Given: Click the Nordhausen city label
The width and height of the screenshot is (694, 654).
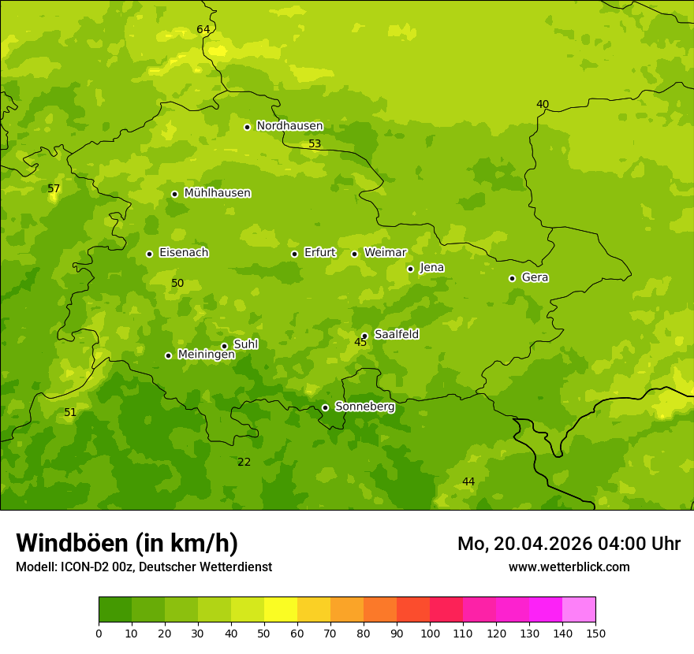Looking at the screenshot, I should coord(289,126).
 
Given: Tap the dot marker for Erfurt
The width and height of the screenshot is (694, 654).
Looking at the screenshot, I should coord(294,254).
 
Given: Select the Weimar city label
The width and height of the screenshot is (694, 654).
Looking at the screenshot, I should coord(385,253).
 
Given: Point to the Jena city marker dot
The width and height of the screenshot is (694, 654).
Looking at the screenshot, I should coord(410,269).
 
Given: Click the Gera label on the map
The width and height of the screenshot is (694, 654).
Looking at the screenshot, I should coord(535,277).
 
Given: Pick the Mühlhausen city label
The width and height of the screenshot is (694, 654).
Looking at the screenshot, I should coord(217,193).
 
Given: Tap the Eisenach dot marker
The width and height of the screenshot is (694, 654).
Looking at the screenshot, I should coord(149,254).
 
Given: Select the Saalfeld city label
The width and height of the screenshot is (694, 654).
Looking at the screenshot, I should coord(396,335).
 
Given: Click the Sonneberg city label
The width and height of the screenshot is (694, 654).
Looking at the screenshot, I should coord(364,407).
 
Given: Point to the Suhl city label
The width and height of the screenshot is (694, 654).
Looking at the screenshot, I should coord(245,344).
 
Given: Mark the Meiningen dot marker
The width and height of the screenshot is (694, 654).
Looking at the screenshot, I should coord(168,355).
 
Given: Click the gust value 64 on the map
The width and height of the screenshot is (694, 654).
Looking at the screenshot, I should coord(203,30).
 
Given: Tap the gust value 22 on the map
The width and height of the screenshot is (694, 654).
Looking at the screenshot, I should coord(244,462).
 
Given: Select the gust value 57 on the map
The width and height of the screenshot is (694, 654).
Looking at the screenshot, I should coord(54,189).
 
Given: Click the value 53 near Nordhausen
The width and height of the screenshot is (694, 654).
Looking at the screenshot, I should coord(315,144).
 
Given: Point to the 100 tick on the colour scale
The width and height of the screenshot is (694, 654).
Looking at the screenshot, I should coord(430,633).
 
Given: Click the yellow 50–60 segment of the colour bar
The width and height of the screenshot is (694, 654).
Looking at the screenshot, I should coord(281,609).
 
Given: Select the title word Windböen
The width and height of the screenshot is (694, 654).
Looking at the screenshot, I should coord(72,543).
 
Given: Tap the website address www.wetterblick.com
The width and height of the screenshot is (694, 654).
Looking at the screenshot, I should coord(569,567).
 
